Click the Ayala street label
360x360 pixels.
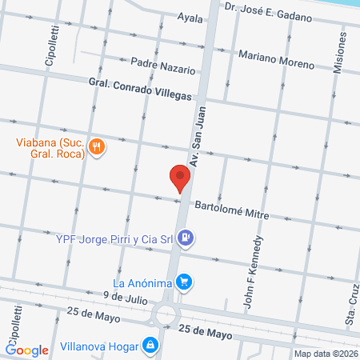click(190, 17)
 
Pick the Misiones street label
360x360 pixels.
click(339, 56)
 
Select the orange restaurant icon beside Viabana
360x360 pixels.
click(96, 146)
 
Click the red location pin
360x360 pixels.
click(180, 178)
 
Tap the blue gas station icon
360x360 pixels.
click(186, 237)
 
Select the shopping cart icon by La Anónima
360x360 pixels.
click(184, 282)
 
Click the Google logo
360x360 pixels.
click(27, 350)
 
